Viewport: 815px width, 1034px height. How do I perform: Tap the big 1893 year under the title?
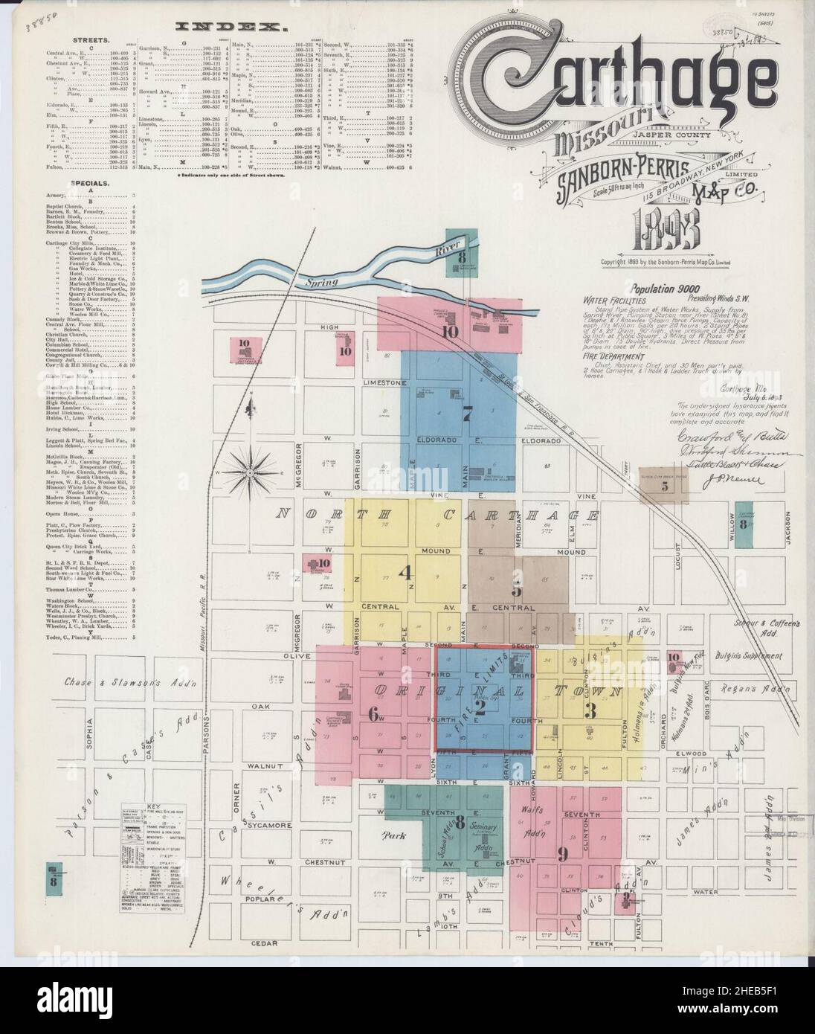coord(666,234)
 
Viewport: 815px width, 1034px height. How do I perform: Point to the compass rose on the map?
coord(251,471)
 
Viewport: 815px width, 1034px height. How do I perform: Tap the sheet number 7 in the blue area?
coord(467,415)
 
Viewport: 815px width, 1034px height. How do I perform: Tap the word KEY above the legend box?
coord(154,807)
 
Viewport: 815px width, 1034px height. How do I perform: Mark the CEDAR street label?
coord(263,944)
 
